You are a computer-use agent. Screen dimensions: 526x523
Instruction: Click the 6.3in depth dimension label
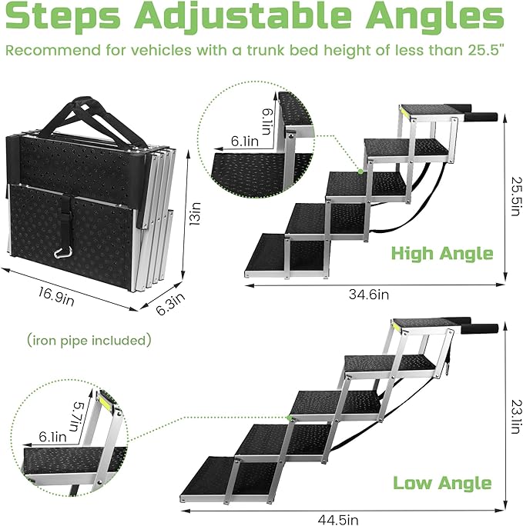tap(171, 305)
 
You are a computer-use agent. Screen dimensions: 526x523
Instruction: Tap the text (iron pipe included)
tap(89, 339)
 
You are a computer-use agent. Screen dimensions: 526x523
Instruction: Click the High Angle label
tap(441, 253)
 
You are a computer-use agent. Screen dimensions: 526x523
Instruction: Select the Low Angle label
tap(442, 482)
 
